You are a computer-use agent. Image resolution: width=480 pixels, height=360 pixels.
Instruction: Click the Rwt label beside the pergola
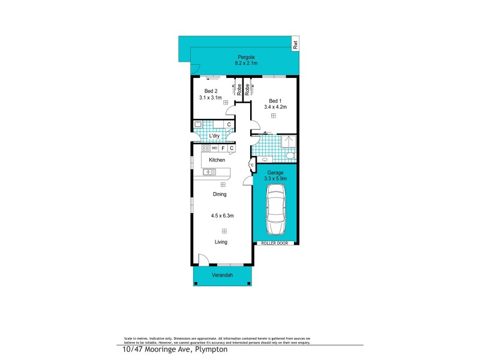tap(295, 44)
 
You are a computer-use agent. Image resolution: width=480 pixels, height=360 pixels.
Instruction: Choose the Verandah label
tap(222, 275)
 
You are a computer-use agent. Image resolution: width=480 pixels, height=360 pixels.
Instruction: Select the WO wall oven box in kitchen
tap(214, 148)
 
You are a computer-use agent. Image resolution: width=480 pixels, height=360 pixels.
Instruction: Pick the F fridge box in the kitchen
tap(223, 148)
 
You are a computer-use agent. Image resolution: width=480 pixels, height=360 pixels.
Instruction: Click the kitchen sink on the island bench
tap(209, 172)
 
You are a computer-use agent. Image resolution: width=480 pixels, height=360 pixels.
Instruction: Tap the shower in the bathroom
tap(289, 142)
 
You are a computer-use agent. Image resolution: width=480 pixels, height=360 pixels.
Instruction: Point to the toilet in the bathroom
tap(290, 157)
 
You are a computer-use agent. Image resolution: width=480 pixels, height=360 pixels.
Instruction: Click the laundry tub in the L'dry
tap(199, 125)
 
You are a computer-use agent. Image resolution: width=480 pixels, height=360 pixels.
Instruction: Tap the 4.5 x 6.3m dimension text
tap(222, 216)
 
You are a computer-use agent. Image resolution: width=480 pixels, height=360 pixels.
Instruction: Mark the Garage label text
tap(275, 173)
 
